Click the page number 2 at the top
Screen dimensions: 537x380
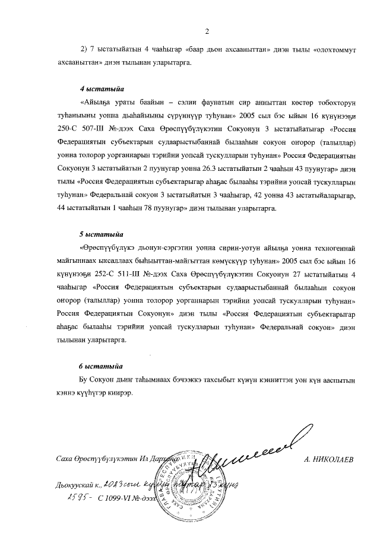[207, 31]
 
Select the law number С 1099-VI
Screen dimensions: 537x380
[115, 499]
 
